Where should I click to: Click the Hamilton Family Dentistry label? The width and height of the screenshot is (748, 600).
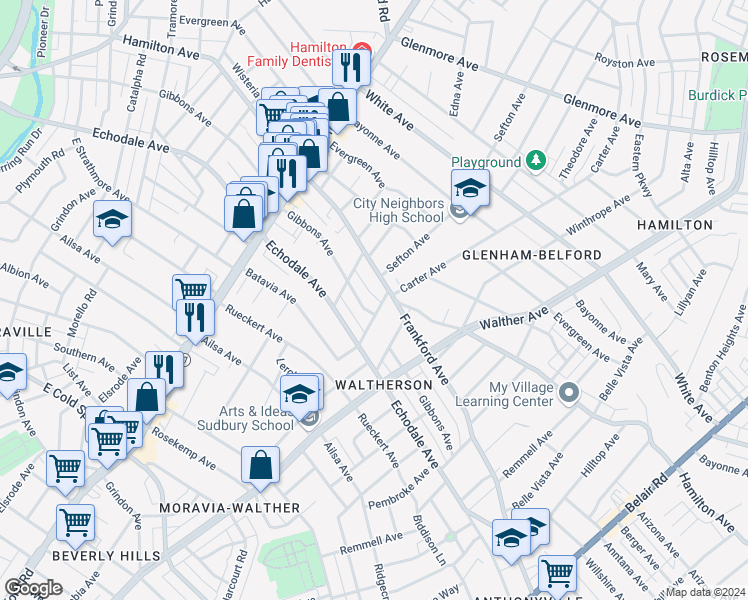click(317, 57)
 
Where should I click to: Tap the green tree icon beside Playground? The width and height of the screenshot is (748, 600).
click(537, 161)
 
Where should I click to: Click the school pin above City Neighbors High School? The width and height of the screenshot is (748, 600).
click(469, 187)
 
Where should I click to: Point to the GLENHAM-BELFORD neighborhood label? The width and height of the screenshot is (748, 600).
click(531, 255)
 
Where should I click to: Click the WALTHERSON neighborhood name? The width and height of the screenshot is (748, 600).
click(383, 384)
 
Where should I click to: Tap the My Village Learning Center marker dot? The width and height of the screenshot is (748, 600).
click(568, 390)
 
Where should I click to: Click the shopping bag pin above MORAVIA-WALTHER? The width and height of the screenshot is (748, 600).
click(260, 465)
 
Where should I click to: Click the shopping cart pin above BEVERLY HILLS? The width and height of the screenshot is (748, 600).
click(75, 522)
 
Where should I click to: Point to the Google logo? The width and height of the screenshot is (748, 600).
click(32, 587)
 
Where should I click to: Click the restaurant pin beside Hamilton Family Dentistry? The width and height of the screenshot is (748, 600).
click(351, 67)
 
